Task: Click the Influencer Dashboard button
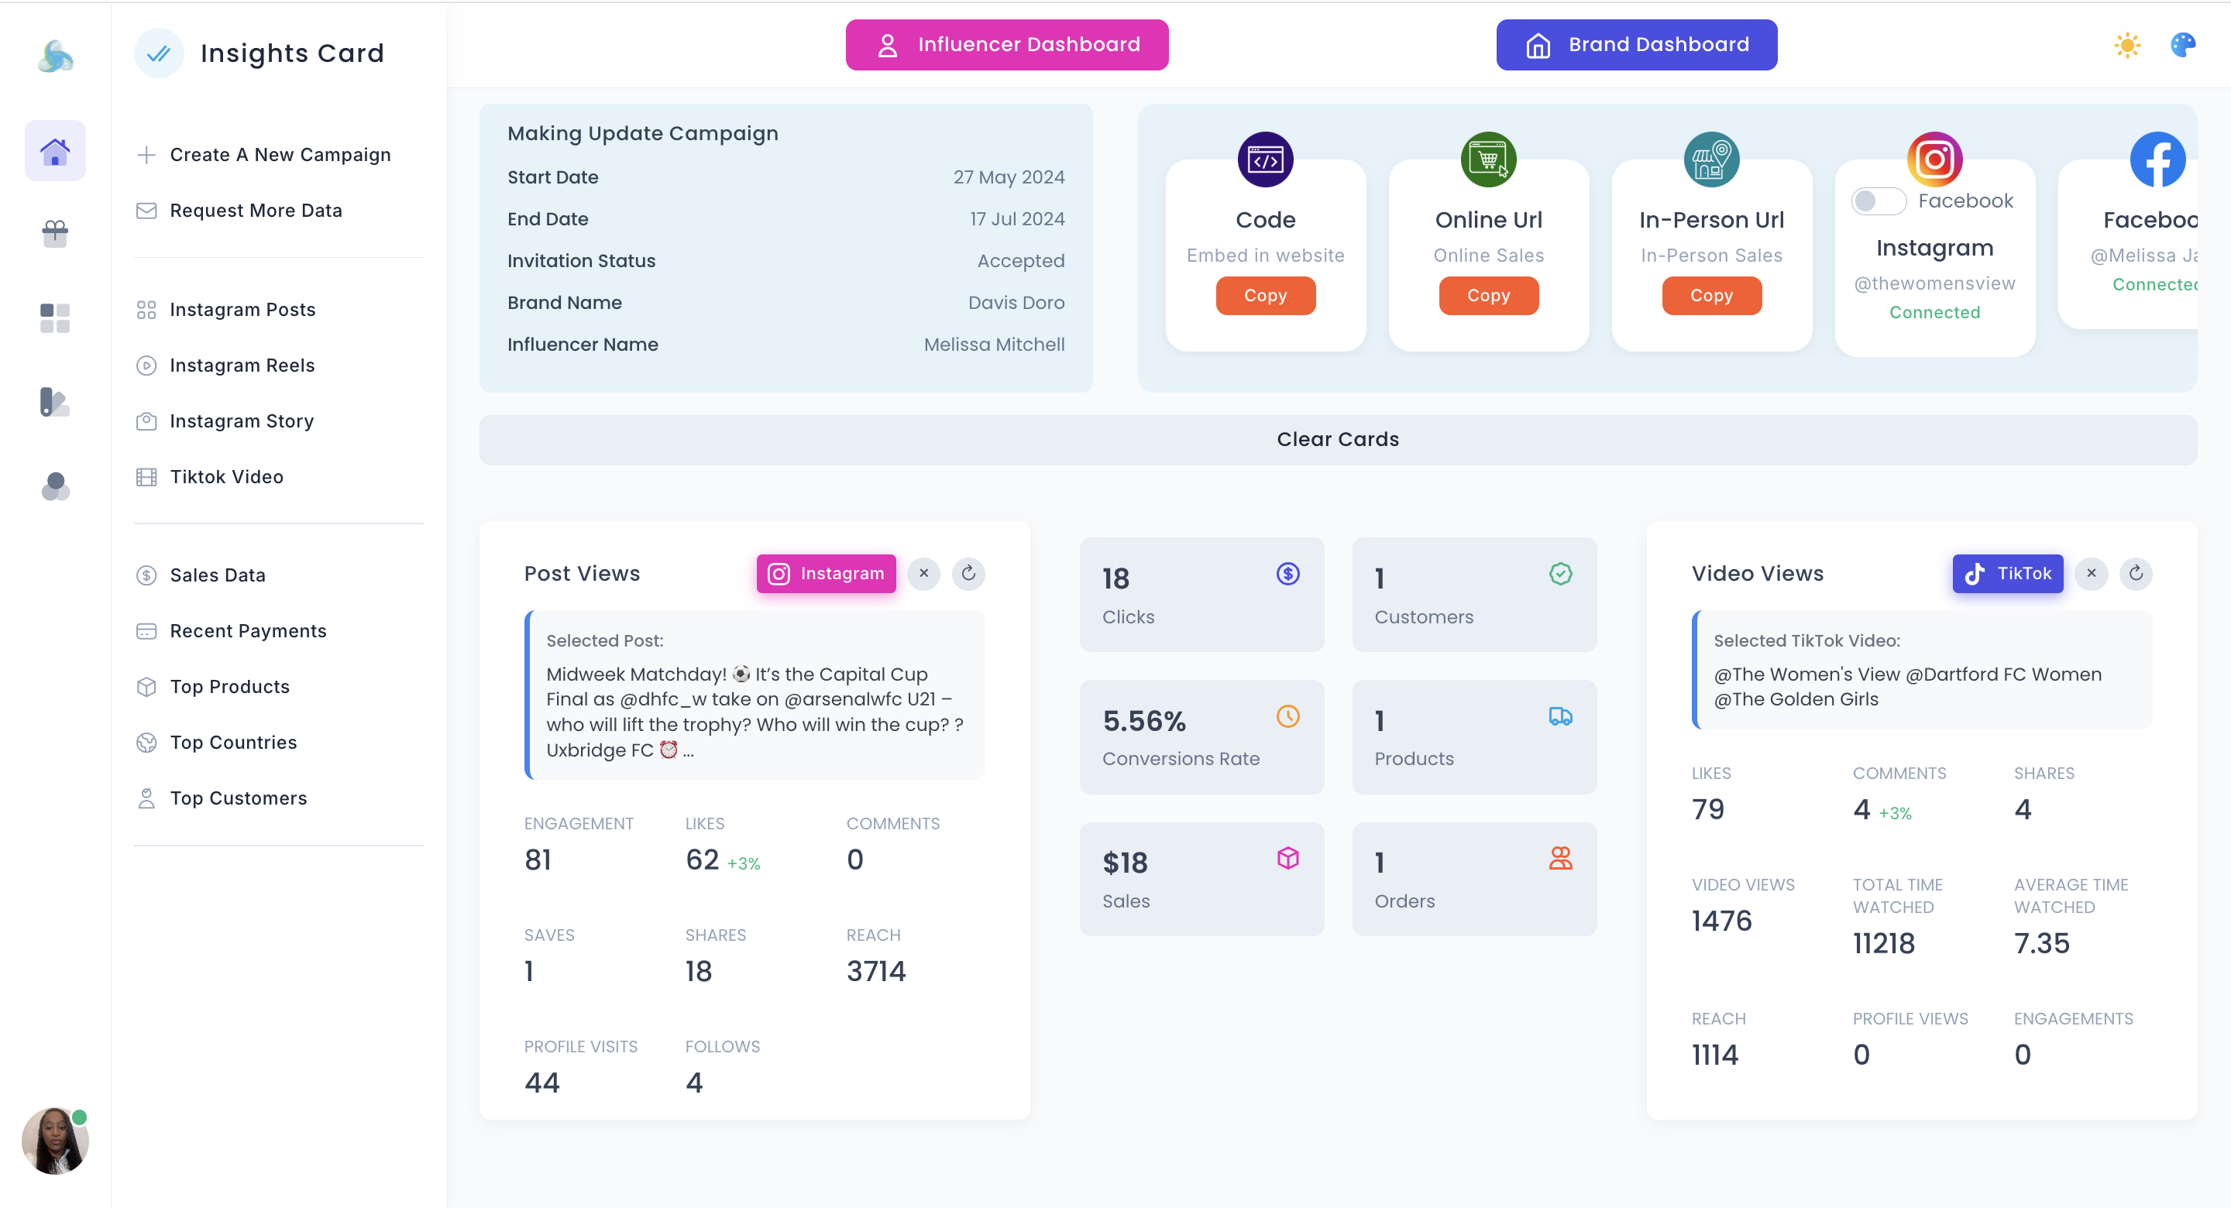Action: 1006,45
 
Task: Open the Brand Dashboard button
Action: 1636,45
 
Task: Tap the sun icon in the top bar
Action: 2126,45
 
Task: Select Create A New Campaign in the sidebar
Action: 279,155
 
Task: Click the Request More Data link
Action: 256,211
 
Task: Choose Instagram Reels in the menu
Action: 242,365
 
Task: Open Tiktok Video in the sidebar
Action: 226,477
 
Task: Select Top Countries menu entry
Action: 233,743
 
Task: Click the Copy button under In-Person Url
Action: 1710,296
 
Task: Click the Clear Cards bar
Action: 1337,440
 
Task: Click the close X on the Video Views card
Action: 2091,574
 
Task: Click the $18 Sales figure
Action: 1124,863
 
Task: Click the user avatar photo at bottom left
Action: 54,1141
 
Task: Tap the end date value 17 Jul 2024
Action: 1017,219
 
